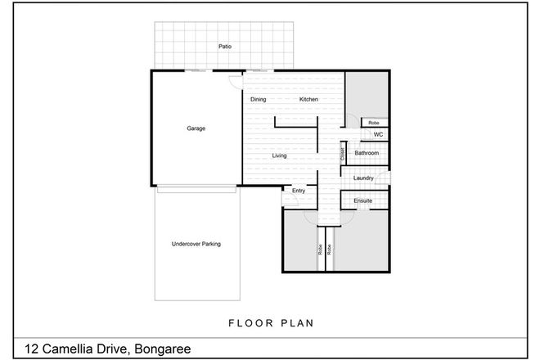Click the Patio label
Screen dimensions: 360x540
(224, 47)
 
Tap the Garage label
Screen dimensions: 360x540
(196, 128)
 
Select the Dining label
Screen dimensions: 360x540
(259, 100)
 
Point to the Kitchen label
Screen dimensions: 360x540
(308, 100)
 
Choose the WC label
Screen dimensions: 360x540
(378, 135)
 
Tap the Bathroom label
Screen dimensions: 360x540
(366, 153)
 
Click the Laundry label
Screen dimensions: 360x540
(364, 178)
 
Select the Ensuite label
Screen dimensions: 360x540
(363, 200)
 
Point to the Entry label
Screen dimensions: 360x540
(298, 191)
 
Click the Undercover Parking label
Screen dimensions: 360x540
(196, 244)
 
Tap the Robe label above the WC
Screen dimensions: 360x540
(372, 122)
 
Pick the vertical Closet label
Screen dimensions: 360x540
(342, 152)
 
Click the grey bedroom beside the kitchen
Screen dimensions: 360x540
(365, 94)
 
